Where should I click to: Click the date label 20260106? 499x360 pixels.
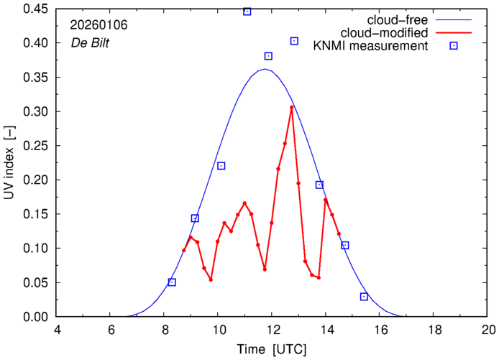99,24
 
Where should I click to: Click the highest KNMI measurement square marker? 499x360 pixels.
247,11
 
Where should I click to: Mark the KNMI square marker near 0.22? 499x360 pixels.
221,166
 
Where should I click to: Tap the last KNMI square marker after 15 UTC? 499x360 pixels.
364,297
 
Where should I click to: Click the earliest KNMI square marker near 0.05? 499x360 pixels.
172,282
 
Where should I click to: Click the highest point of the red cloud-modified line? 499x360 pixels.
291,108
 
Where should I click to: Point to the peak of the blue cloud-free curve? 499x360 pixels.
265,69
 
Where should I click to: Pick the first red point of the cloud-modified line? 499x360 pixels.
184,250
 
